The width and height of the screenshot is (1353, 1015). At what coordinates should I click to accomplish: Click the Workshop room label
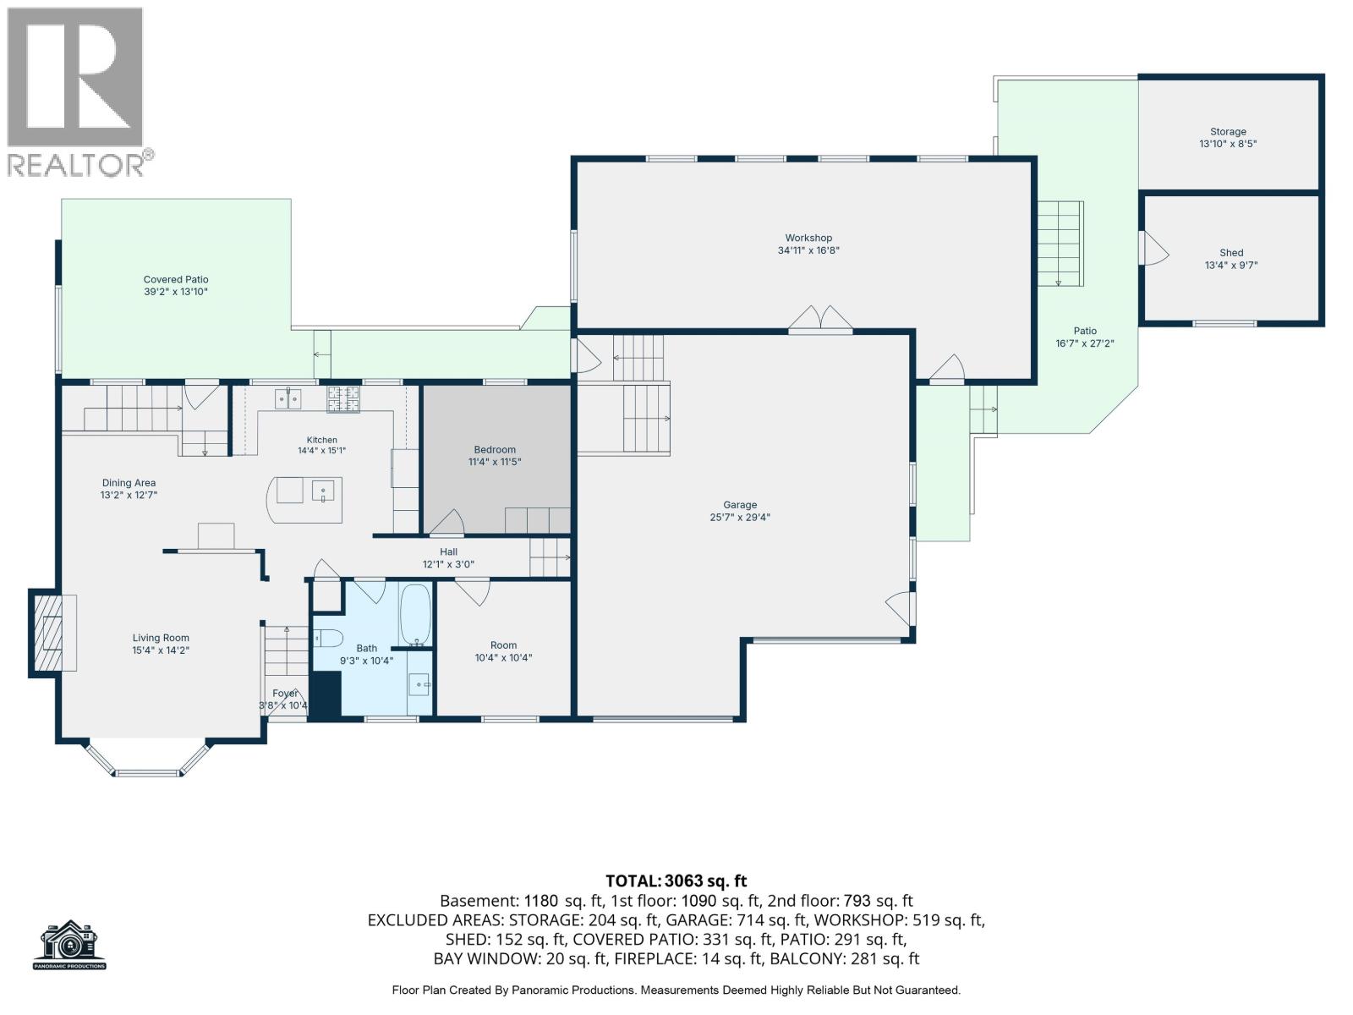(808, 238)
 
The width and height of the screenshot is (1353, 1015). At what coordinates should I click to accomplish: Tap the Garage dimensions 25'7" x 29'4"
(740, 518)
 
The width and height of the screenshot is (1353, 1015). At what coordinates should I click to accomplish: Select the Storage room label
(1228, 132)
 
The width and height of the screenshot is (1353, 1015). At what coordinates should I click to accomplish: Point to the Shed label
(1231, 253)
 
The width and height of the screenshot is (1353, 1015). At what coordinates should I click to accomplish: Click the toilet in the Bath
(328, 638)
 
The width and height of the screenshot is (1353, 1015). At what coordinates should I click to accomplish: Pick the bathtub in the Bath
(415, 614)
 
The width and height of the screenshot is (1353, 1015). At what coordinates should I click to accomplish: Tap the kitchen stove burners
(342, 398)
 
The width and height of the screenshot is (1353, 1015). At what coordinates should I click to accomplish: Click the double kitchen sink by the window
(288, 398)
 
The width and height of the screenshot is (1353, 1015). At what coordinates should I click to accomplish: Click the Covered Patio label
(176, 280)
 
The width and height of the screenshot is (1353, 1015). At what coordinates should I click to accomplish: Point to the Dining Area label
(129, 483)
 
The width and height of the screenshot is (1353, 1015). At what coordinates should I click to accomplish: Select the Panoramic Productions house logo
(69, 945)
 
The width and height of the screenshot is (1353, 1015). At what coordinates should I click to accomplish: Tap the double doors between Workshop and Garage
(819, 319)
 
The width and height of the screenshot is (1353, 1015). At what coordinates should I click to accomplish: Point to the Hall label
(448, 552)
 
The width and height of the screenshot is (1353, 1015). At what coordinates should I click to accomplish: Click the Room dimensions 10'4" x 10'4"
(503, 658)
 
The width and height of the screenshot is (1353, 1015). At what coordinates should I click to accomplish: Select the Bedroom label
(495, 450)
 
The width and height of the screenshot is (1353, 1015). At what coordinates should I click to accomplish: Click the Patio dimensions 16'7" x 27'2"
(1085, 344)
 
